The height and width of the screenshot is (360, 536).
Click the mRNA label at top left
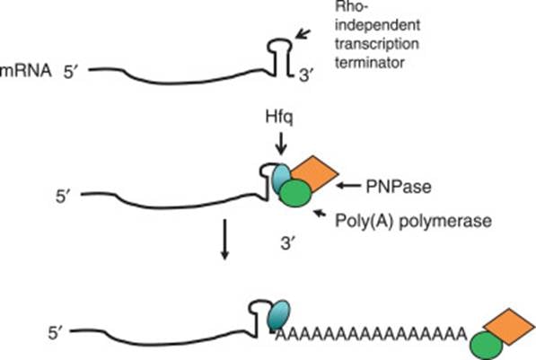tap(23, 69)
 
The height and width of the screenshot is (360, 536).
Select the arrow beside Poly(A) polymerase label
tap(322, 214)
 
